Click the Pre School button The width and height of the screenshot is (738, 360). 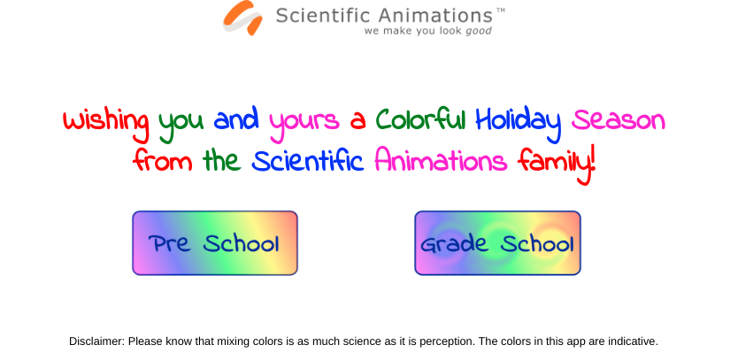(215, 243)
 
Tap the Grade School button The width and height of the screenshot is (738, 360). (497, 243)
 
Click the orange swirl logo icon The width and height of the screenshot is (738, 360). (242, 18)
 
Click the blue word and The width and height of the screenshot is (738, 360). (236, 119)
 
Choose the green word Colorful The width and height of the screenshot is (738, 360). (420, 119)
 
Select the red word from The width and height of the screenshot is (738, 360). (163, 160)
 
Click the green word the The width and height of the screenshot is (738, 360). (222, 160)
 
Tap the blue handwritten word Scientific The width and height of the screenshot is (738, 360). (308, 160)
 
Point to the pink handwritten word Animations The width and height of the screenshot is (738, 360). (441, 160)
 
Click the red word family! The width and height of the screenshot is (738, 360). (557, 165)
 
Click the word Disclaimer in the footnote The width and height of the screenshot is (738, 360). (97, 341)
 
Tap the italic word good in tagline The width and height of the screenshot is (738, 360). (479, 32)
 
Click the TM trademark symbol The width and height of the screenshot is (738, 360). (501, 11)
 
